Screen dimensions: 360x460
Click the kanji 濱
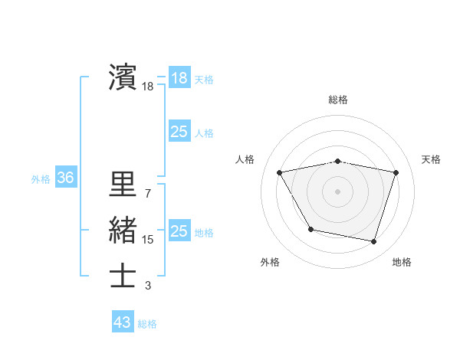coord(123,77)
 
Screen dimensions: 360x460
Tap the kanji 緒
coord(123,231)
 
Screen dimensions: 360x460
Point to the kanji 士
coord(123,277)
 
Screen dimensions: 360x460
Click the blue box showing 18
coord(179,78)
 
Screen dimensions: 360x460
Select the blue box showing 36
coord(65,178)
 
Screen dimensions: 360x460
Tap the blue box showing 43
coord(123,322)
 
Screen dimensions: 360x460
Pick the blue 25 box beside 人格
coord(179,132)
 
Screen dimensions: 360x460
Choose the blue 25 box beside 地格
coord(179,231)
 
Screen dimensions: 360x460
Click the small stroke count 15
coord(147,240)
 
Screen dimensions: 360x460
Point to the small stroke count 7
coord(147,193)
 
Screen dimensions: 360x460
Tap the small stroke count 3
coord(147,286)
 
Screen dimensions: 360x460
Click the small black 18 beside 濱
coord(147,87)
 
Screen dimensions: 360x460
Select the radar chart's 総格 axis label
coord(338,100)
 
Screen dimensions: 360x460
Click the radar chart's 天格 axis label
coord(431,159)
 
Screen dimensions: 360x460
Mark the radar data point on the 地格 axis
coord(373,242)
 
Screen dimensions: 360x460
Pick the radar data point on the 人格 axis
coord(280,172)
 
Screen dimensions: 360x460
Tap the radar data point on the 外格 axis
coord(310,229)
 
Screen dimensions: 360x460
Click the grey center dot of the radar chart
coord(337,191)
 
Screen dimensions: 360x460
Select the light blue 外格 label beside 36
coord(41,179)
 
